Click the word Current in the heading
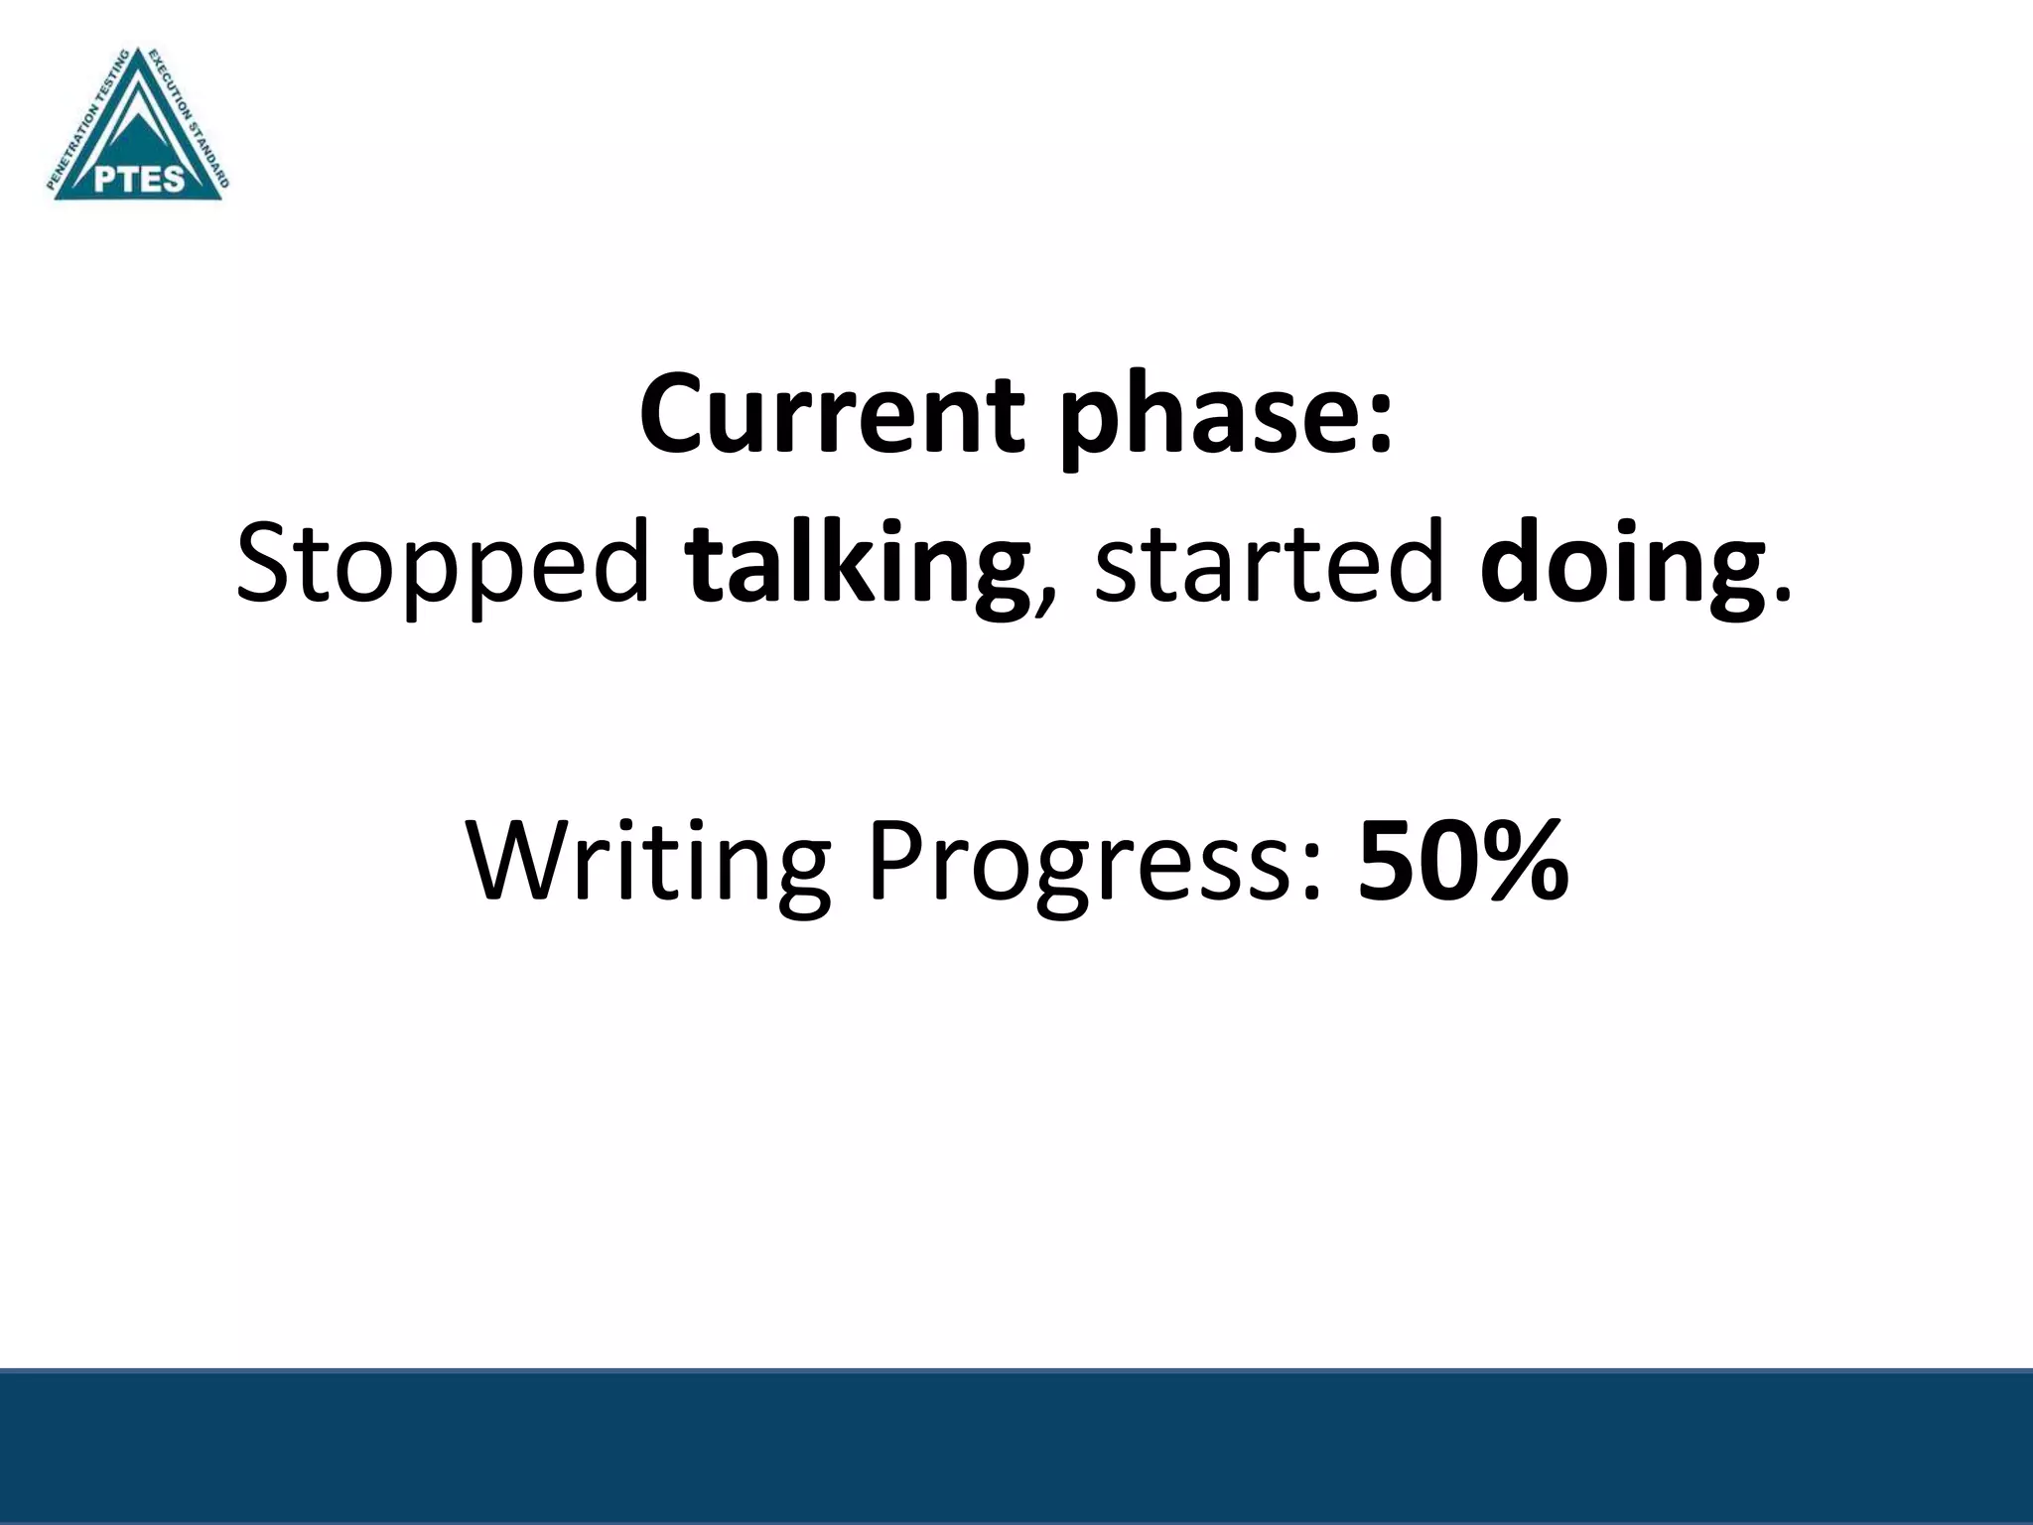830,415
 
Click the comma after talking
1041,602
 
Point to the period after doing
1783,596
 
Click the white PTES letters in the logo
140,179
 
